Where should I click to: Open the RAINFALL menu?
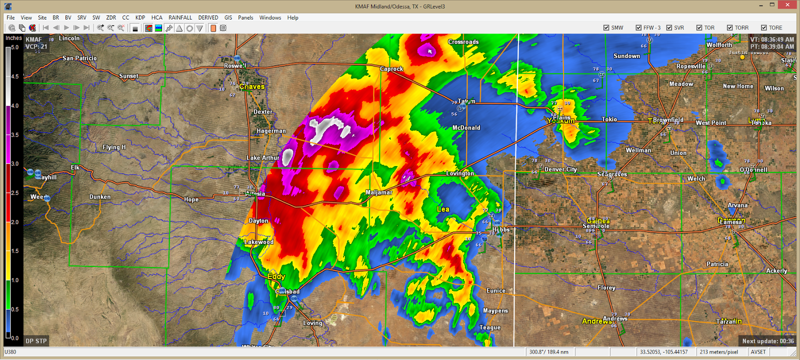pos(180,17)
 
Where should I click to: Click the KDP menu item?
pos(140,17)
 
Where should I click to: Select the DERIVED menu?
pos(208,17)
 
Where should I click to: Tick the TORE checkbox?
pos(764,28)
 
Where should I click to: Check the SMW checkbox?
pos(606,28)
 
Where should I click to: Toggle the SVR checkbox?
pos(669,28)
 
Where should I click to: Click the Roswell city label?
pos(235,65)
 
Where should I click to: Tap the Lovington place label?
pos(460,173)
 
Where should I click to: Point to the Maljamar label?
pos(378,192)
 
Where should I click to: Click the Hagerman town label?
pos(271,131)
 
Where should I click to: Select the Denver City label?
pos(560,169)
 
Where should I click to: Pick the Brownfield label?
pos(668,119)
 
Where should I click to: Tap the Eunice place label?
pos(496,290)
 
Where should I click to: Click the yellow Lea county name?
pos(443,209)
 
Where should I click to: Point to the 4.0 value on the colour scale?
pos(15,106)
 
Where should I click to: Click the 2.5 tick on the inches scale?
pos(15,193)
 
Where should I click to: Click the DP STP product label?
pos(36,341)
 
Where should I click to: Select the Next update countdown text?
pos(767,341)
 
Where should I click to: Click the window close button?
pos(788,5)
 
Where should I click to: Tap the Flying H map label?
pos(114,147)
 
